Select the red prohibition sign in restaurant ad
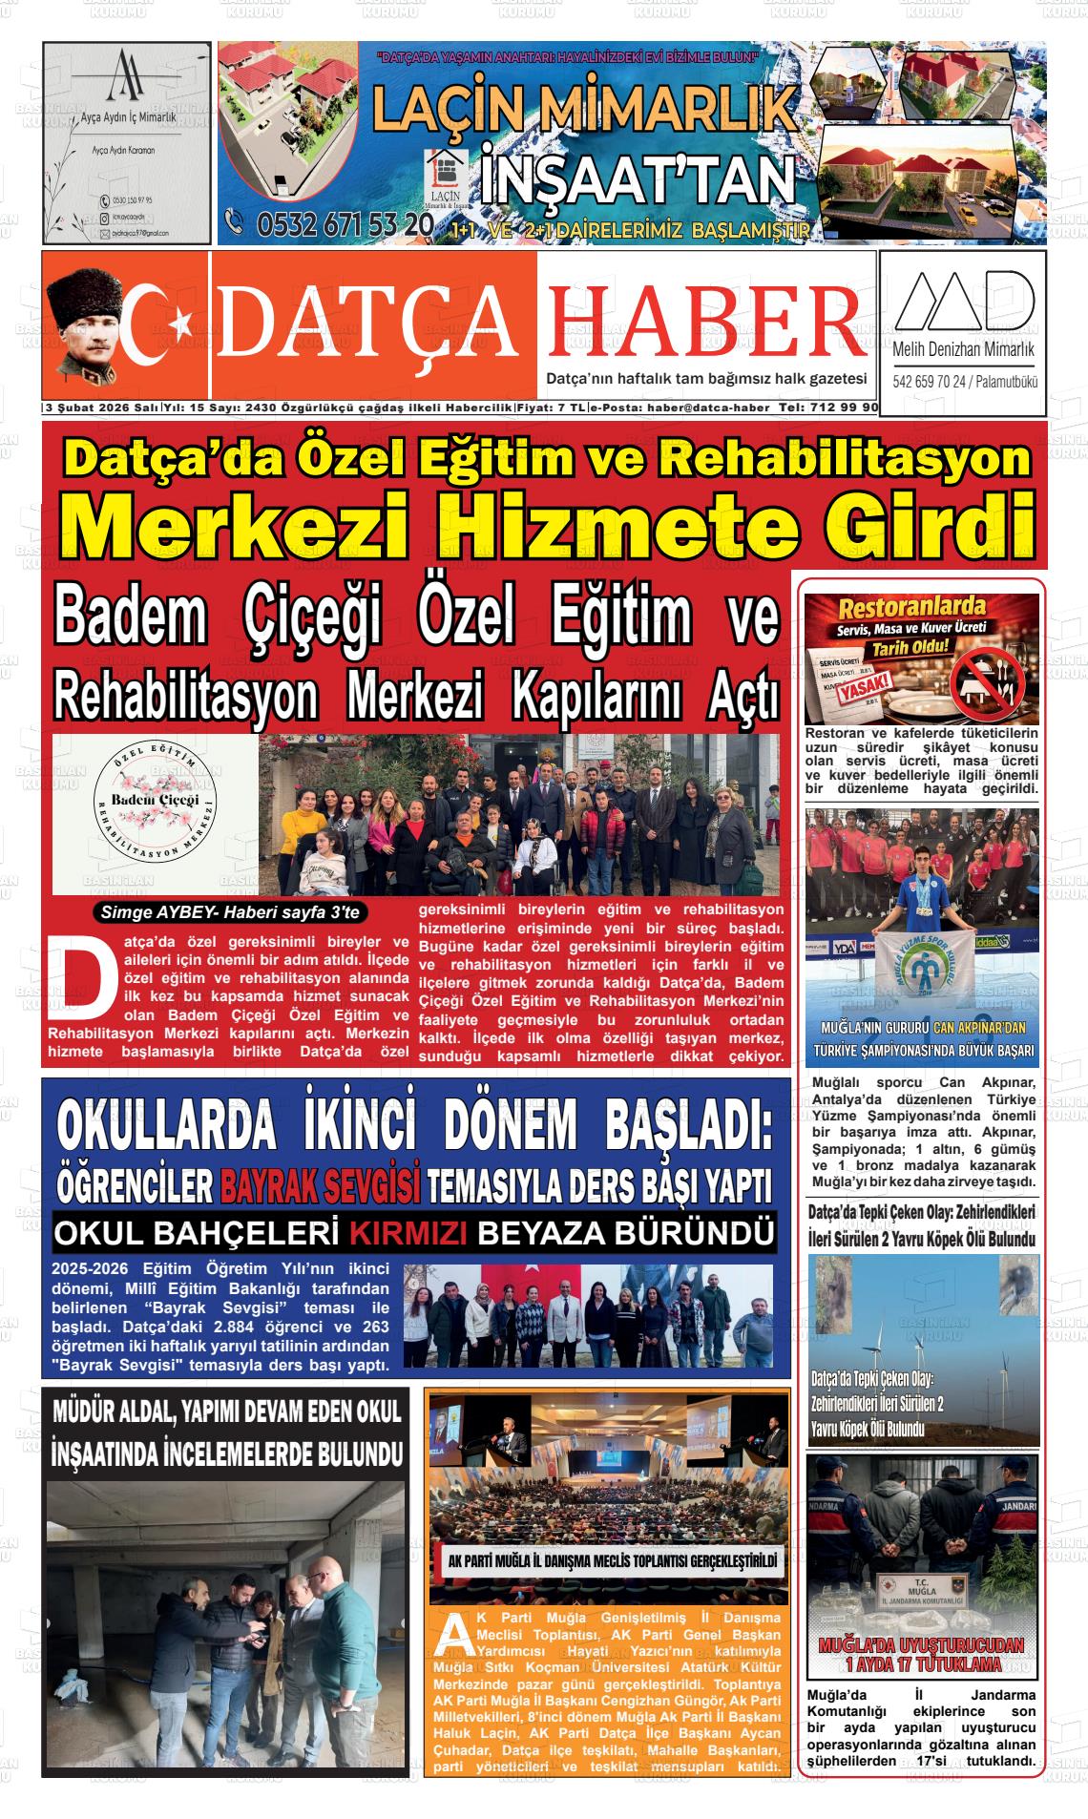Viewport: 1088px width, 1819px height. pyautogui.click(x=993, y=686)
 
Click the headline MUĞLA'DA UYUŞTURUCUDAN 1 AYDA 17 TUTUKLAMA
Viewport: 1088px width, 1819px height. pyautogui.click(x=921, y=1656)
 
